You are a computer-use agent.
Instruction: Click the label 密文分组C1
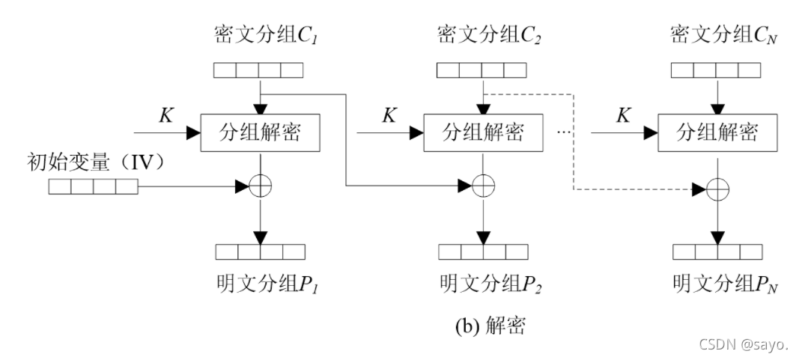click(x=258, y=34)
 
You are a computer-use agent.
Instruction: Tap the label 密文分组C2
click(x=482, y=34)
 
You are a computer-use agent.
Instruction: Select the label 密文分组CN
click(x=716, y=34)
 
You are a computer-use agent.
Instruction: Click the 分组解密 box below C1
click(x=260, y=134)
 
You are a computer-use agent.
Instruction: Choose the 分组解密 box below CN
click(x=717, y=134)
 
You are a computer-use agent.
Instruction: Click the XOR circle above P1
click(x=260, y=186)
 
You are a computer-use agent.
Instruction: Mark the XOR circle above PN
click(x=717, y=192)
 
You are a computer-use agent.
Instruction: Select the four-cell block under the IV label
click(x=94, y=186)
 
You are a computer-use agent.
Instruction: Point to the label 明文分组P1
click(x=261, y=284)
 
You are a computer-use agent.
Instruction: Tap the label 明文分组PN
click(x=717, y=284)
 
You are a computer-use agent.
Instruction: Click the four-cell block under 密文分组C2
click(x=481, y=71)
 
